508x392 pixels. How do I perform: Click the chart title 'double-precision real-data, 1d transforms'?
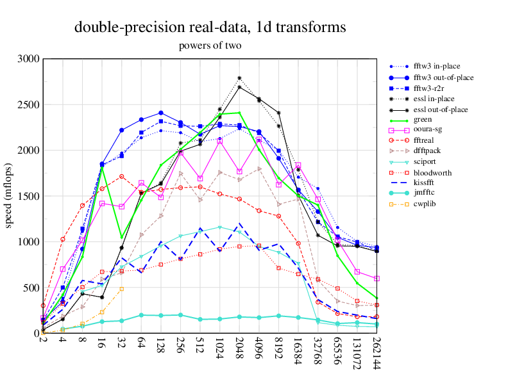coord(210,27)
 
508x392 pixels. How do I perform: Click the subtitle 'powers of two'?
coord(210,45)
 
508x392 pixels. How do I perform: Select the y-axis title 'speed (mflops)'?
coord(9,196)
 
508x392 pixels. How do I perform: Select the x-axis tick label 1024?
coord(220,348)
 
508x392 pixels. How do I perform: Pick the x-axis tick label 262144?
coord(377,353)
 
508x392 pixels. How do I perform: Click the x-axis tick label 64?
coord(141,343)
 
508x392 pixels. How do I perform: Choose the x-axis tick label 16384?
coord(299,350)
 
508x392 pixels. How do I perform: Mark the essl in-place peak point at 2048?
coord(239,78)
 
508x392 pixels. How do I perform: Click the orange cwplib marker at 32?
coord(121,288)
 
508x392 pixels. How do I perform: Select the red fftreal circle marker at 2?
coord(43,306)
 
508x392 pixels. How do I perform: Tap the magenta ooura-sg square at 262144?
coord(377,279)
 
